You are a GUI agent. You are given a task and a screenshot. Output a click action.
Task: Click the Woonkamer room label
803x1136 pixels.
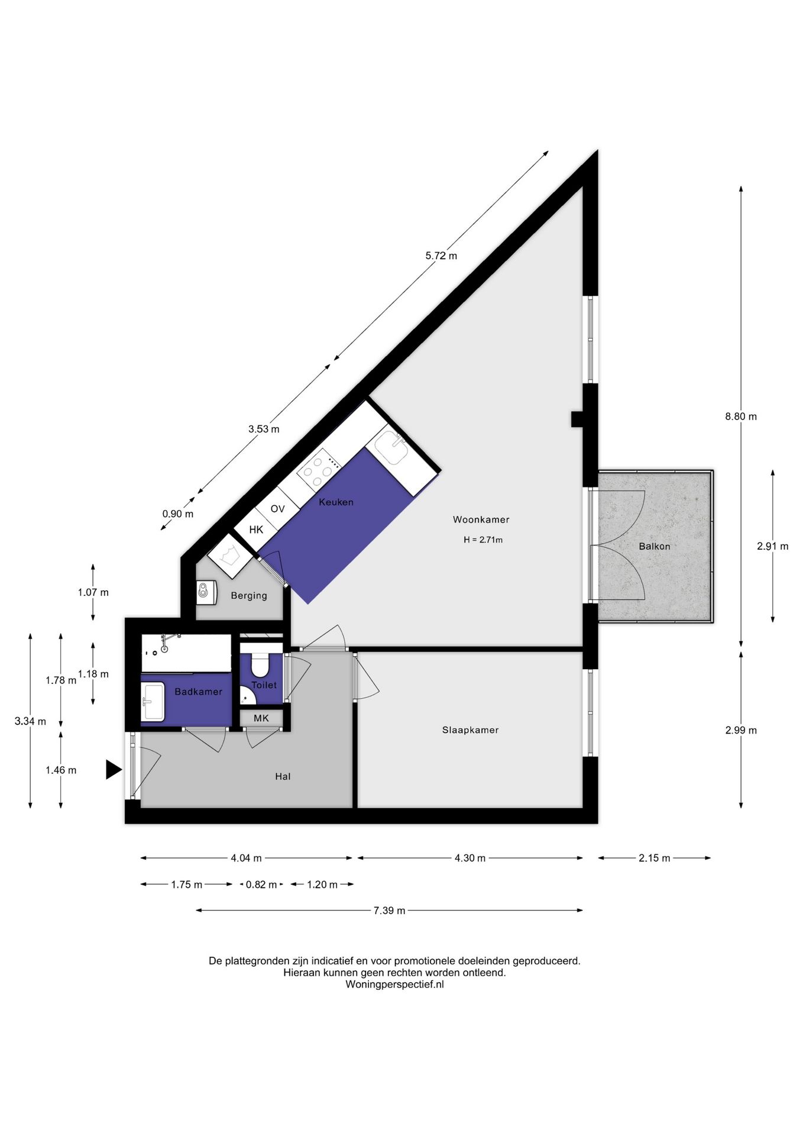481,519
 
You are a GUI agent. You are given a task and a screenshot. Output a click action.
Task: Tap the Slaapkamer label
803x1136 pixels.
470,730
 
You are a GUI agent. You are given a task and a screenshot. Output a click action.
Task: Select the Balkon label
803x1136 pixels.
655,546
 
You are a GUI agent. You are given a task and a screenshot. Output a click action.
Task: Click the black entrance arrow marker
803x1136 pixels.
114,770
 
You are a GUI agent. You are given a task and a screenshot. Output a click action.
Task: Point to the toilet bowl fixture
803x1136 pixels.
260,664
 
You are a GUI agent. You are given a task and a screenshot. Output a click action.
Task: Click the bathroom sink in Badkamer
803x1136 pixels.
153,702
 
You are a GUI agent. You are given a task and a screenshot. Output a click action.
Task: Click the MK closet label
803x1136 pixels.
261,718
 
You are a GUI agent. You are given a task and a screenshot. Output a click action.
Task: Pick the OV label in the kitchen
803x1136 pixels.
277,509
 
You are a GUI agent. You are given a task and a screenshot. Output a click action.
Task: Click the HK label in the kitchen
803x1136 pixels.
256,530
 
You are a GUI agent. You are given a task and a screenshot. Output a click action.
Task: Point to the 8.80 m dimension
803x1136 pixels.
741,417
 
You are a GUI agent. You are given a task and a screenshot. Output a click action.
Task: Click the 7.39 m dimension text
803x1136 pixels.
389,911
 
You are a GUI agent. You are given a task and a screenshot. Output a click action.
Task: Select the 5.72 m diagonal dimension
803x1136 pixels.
441,256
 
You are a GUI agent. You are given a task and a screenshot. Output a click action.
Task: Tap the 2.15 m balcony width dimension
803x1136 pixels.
655,858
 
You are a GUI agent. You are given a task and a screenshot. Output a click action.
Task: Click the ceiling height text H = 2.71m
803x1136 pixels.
483,540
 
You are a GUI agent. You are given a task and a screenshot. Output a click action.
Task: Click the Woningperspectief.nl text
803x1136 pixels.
394,985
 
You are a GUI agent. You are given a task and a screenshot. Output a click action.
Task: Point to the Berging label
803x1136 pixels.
249,596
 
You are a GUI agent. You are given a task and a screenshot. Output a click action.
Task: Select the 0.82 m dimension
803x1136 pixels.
261,885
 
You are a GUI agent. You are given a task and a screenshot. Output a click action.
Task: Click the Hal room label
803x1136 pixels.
283,776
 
